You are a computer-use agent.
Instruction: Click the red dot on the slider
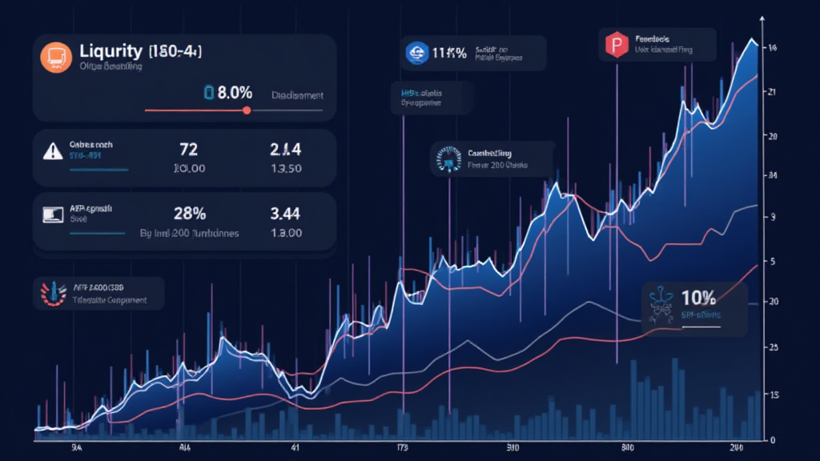[x=247, y=110]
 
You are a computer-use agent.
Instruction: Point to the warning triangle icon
[x=53, y=149]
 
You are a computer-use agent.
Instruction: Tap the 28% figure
[x=190, y=213]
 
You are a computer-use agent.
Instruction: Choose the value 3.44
[x=286, y=213]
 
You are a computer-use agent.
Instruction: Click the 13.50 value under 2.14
[x=286, y=169]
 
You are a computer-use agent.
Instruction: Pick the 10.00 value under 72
[x=190, y=169]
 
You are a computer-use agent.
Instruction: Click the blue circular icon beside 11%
[x=416, y=54]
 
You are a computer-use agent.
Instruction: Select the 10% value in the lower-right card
[x=697, y=298]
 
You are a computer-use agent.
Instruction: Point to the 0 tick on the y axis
[x=772, y=440]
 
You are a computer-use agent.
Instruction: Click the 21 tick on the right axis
[x=773, y=92]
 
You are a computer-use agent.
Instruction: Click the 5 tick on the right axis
[x=772, y=261]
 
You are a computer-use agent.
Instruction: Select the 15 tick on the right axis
[x=773, y=395]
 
